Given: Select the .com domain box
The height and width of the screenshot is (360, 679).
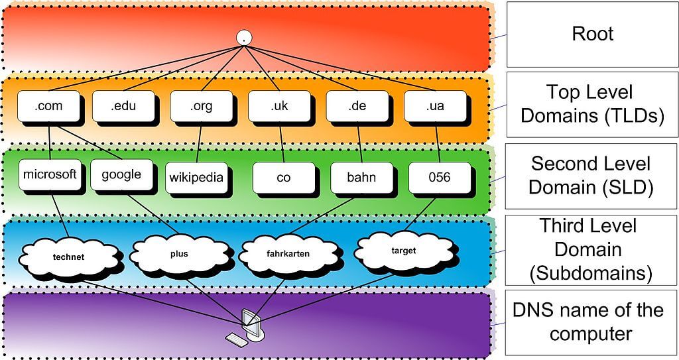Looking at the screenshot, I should (48, 106).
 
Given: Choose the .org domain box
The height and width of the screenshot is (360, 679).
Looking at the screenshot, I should (201, 106).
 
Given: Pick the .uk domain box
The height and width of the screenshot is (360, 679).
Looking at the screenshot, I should (278, 106).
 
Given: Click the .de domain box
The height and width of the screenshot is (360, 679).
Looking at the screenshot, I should (357, 106).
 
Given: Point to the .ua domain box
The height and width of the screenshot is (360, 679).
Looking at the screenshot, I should (434, 106).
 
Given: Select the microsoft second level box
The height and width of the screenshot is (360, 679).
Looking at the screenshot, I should (50, 175).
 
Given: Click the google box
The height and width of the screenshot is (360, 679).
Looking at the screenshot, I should (121, 175).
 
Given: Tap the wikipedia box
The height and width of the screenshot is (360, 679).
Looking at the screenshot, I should (196, 178).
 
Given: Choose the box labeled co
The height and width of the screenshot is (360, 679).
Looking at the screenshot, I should (283, 178).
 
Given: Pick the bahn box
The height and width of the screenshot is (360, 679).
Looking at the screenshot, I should (361, 178).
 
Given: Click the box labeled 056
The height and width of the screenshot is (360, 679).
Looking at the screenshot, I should (439, 178).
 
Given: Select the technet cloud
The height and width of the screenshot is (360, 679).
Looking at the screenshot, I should (68, 257).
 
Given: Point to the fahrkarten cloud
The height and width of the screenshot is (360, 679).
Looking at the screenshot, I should (288, 253).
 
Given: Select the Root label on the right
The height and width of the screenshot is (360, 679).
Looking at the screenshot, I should (592, 34).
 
